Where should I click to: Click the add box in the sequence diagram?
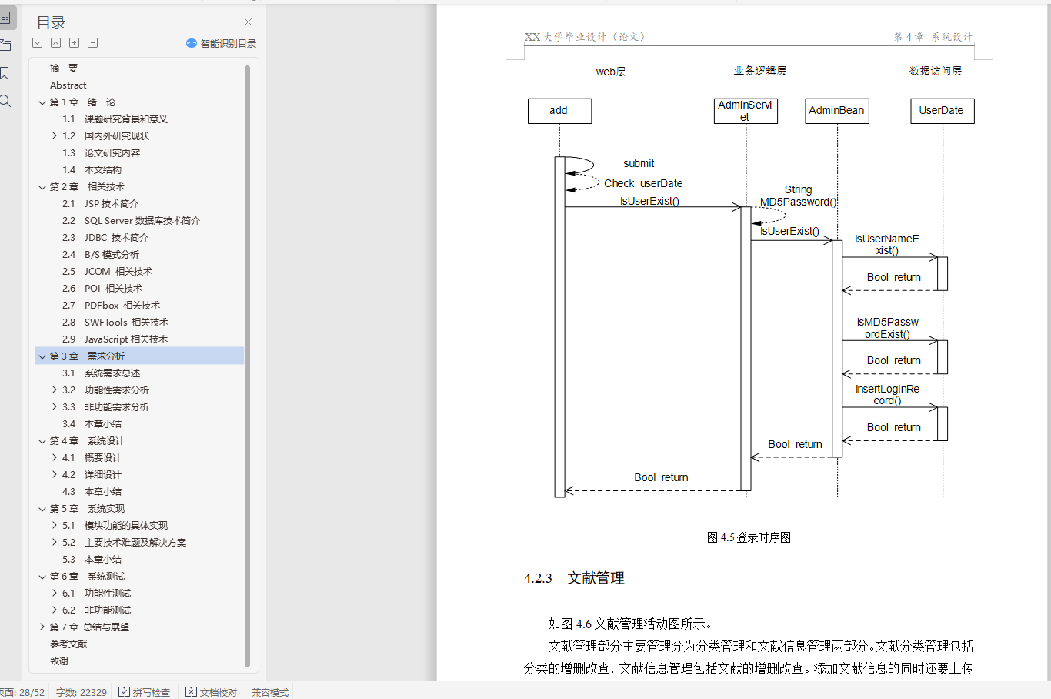(x=559, y=111)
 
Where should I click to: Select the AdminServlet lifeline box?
(x=746, y=111)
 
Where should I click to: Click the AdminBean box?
(x=837, y=111)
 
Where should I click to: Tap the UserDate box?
(x=942, y=111)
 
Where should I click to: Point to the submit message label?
(x=639, y=163)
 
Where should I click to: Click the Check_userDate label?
(x=643, y=183)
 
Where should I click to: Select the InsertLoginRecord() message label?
(x=887, y=395)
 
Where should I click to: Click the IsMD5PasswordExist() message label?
(x=887, y=328)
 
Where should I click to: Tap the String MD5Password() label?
(x=798, y=196)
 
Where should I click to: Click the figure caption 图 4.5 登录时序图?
(x=749, y=537)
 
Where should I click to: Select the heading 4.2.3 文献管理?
(x=574, y=578)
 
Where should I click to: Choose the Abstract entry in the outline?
(x=68, y=85)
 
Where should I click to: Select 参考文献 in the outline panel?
(x=68, y=644)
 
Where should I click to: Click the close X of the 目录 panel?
(x=248, y=22)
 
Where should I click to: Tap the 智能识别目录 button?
(x=222, y=44)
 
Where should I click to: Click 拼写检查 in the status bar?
(x=145, y=692)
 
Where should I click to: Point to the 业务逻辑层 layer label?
(x=759, y=71)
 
